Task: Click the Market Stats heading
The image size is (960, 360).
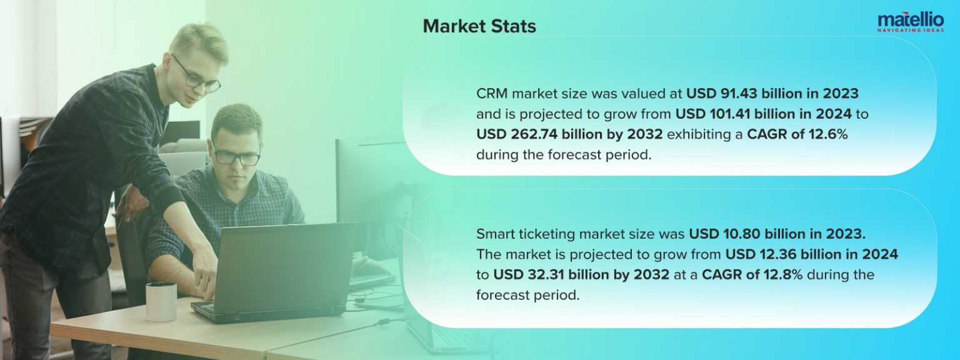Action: [479, 26]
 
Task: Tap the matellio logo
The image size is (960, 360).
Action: [910, 19]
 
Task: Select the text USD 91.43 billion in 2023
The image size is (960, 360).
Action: [772, 94]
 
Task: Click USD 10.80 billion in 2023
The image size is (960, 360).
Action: [777, 234]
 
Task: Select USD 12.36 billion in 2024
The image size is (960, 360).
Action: [811, 254]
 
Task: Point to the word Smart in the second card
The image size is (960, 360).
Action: [494, 234]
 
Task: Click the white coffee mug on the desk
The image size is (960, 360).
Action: [161, 301]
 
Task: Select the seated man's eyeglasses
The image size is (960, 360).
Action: [236, 156]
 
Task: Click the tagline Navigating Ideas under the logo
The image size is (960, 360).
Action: [910, 30]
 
